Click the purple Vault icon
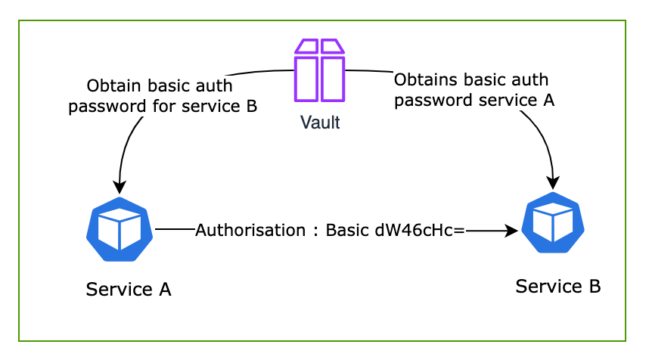(x=318, y=70)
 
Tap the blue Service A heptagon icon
(x=120, y=229)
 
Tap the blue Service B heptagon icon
(x=553, y=223)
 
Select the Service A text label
(x=129, y=289)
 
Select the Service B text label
(x=558, y=286)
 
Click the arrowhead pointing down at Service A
(x=119, y=188)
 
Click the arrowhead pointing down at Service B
(x=554, y=182)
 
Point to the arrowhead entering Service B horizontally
(x=512, y=230)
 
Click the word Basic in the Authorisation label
(x=347, y=230)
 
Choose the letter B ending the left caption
(x=251, y=106)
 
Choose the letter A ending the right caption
(x=549, y=100)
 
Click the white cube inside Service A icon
(x=120, y=228)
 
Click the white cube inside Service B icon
(x=553, y=222)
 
